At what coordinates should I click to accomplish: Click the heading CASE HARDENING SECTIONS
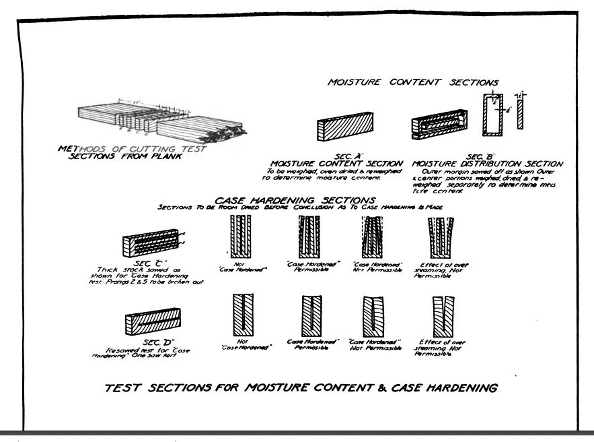(294, 200)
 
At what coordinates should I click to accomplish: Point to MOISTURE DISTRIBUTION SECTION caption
(489, 164)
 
